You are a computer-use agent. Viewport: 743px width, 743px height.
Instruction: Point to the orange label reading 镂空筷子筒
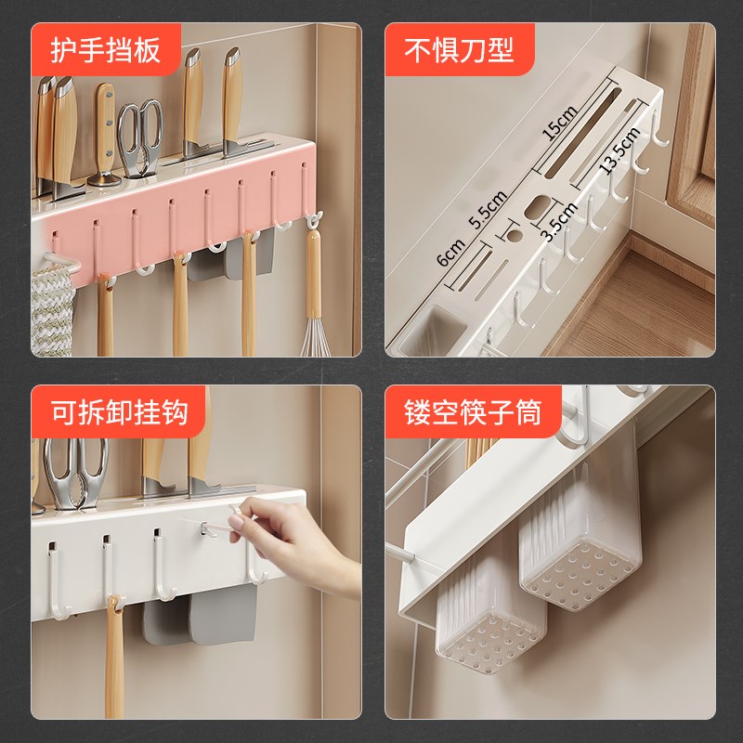click(471, 411)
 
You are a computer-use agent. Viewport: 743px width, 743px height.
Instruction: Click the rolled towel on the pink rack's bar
click(53, 306)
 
